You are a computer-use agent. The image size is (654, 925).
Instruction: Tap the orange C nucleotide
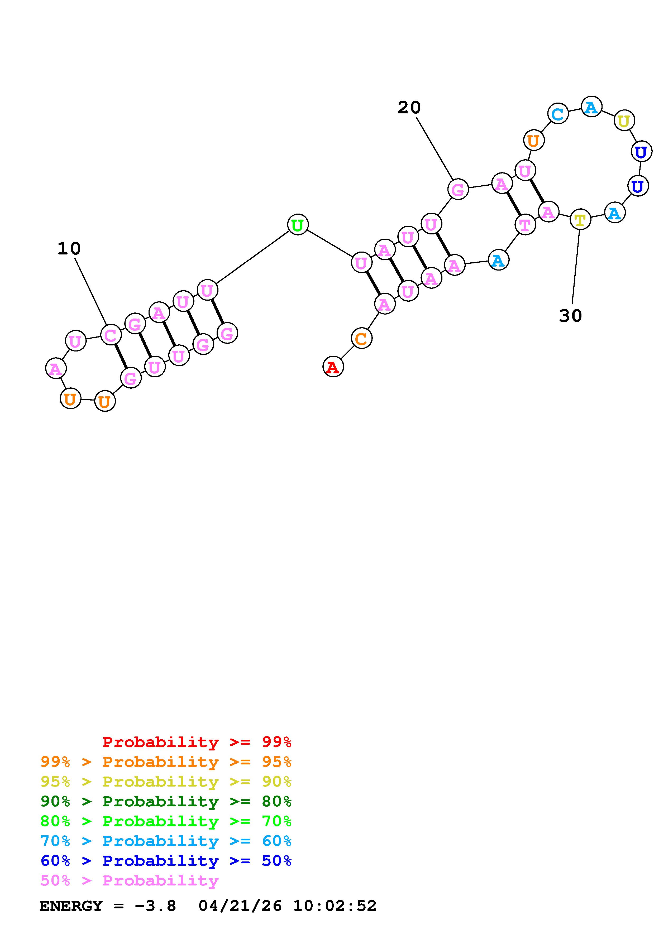pyautogui.click(x=361, y=338)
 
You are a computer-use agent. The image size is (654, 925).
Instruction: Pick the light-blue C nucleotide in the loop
pyautogui.click(x=558, y=114)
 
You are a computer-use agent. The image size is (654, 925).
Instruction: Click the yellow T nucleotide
pyautogui.click(x=580, y=220)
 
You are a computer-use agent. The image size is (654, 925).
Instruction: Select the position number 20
pyautogui.click(x=409, y=108)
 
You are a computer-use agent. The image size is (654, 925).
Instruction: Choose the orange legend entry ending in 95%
pyautogui.click(x=166, y=762)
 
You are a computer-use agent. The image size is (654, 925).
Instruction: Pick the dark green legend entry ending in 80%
pyautogui.click(x=166, y=801)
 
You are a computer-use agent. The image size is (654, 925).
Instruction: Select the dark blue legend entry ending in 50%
pyautogui.click(x=166, y=861)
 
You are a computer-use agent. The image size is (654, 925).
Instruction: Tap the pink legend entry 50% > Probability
pyautogui.click(x=129, y=880)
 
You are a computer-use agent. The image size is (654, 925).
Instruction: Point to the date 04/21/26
pyautogui.click(x=240, y=906)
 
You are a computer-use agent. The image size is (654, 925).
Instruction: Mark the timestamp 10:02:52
pyautogui.click(x=335, y=906)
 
